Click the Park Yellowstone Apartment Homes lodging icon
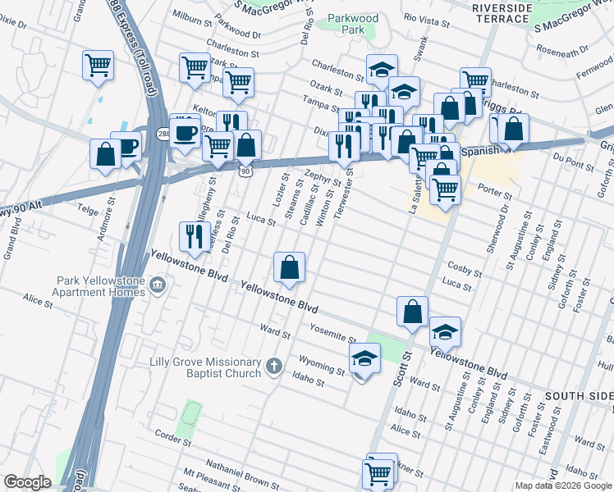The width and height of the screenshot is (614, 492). (x=158, y=285)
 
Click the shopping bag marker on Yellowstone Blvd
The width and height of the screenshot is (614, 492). (x=289, y=267)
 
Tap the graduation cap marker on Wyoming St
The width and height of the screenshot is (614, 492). (x=364, y=358)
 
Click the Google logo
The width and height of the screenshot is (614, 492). (x=28, y=481)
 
